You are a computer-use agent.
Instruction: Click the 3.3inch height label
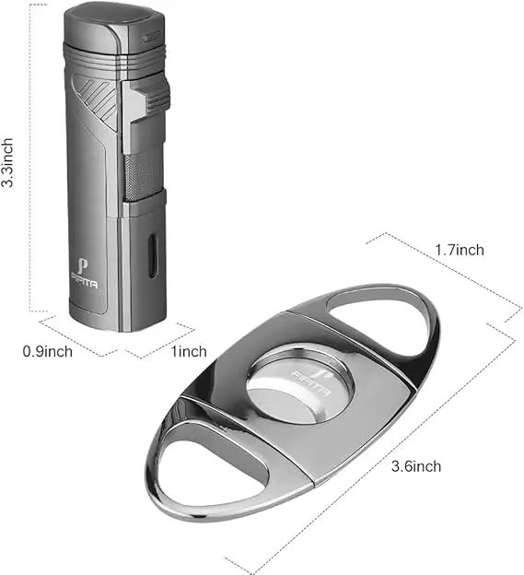click(7, 162)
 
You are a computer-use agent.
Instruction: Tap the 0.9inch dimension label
click(48, 351)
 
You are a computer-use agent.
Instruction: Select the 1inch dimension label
click(189, 351)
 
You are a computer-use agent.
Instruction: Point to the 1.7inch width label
click(460, 250)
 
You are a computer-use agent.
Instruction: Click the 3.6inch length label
click(416, 466)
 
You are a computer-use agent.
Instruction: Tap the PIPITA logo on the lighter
click(85, 273)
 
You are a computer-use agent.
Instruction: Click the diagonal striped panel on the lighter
click(96, 99)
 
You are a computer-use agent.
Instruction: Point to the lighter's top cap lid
click(114, 24)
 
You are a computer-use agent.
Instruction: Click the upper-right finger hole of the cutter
click(381, 318)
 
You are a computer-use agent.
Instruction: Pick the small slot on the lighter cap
click(152, 38)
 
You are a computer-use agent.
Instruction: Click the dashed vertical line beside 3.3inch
click(29, 158)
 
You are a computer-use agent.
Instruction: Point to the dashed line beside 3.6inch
click(370, 451)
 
